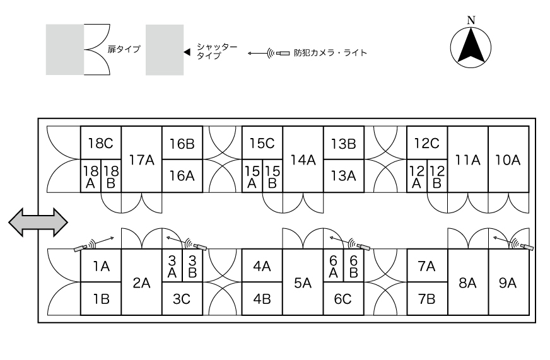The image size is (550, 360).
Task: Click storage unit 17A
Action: tap(141, 160)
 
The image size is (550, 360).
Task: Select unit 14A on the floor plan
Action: tap(303, 160)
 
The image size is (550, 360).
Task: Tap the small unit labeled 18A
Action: tap(90, 176)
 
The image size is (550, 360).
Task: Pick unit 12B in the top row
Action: tap(436, 176)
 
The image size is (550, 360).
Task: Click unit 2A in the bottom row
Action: tap(141, 282)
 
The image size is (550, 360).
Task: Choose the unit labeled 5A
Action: tap(303, 282)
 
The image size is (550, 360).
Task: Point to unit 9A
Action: tap(508, 282)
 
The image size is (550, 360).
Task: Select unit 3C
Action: tap(182, 299)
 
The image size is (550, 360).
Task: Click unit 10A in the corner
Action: tap(508, 160)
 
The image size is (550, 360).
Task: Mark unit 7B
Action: tap(426, 299)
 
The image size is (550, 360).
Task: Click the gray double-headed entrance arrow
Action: tap(38, 222)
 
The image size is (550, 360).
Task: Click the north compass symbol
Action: tap(471, 47)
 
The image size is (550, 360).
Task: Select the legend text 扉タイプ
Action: tap(124, 50)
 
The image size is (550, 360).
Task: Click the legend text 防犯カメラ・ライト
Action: tap(331, 53)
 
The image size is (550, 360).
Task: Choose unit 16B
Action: tap(182, 143)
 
